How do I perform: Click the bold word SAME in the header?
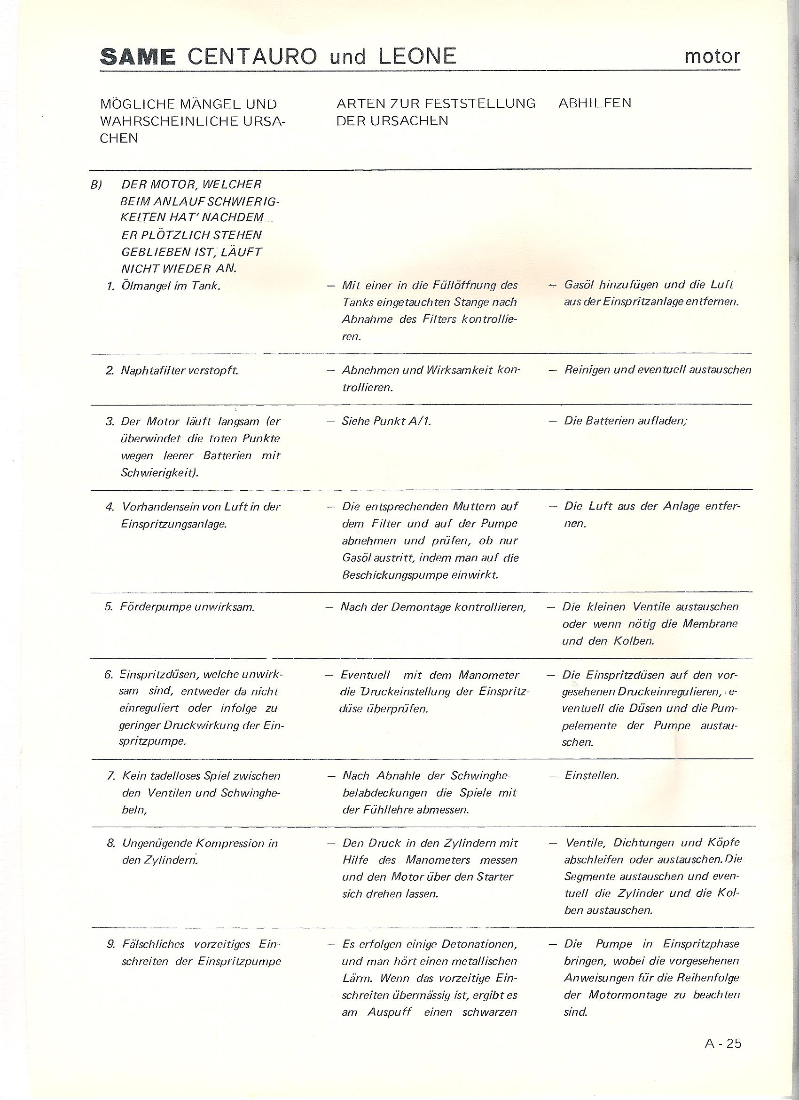(138, 57)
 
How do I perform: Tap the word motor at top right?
(712, 57)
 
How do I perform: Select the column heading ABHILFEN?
(595, 104)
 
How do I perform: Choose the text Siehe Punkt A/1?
(386, 421)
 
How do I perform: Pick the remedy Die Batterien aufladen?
(625, 421)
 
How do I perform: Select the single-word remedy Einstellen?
(592, 775)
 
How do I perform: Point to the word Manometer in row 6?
(488, 675)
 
